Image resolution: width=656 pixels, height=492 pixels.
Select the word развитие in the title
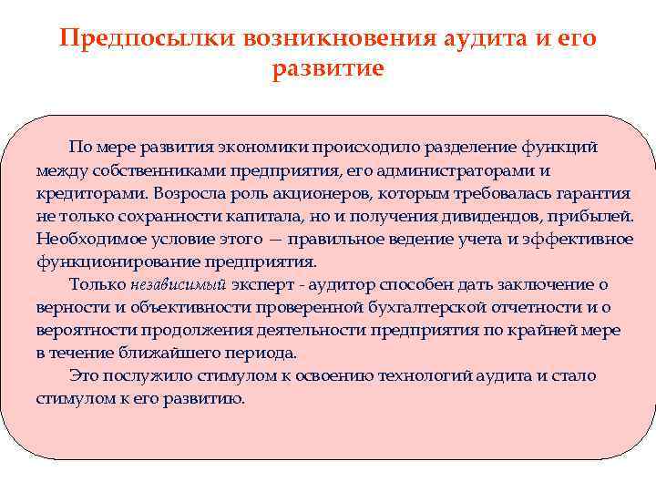[x=328, y=69]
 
